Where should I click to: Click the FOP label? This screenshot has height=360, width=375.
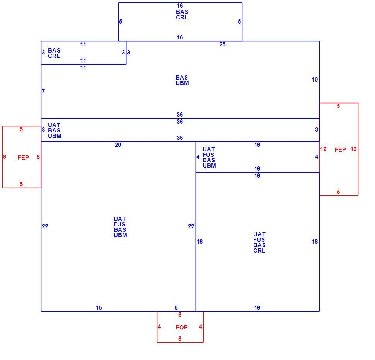182,327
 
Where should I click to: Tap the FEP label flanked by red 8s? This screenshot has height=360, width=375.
23,158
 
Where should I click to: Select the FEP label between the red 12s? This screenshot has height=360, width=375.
340,150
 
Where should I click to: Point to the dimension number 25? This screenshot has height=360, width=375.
222,44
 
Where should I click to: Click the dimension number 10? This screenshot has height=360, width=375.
315,80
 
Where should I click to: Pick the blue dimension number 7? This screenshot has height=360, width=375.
43,91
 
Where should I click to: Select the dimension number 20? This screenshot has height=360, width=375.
118,145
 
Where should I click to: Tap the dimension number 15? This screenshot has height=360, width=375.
99,308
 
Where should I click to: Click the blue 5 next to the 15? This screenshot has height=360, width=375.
176,308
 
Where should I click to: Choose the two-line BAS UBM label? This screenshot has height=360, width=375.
182,80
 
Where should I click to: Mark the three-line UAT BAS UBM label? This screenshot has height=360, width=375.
55,131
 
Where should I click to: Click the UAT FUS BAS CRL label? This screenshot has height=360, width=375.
259,243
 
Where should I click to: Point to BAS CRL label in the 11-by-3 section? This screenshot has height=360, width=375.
54,53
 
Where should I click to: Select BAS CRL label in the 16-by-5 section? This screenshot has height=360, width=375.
182,15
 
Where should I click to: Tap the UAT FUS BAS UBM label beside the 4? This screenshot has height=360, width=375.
209,158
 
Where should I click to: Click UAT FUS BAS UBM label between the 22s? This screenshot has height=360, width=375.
120,227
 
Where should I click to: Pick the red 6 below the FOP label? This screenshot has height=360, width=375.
180,338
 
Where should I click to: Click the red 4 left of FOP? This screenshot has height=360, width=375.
159,326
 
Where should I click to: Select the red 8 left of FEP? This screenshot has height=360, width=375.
5,157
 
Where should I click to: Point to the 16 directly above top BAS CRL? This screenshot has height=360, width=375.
180,6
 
